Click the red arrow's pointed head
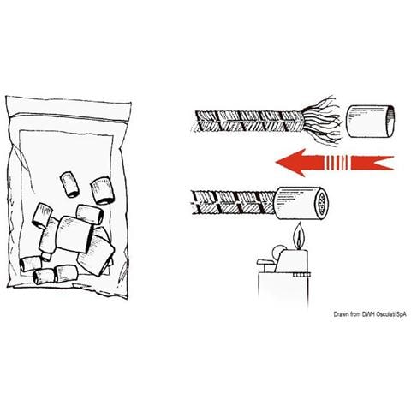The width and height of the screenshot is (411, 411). [x=289, y=163]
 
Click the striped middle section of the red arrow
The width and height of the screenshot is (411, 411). [x=336, y=163]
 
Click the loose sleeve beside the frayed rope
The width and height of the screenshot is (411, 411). [x=371, y=121]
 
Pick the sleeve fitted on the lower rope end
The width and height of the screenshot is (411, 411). [x=301, y=204]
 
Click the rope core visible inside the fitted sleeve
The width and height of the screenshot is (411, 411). [x=322, y=204]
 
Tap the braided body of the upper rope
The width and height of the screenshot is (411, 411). [x=249, y=122]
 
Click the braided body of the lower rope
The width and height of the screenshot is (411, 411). [x=234, y=202]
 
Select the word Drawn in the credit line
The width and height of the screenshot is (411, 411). [x=341, y=314]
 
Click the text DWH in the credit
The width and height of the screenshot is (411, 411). [x=367, y=314]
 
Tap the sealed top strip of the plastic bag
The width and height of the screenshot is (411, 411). [x=68, y=108]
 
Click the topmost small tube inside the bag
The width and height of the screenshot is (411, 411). [x=69, y=185]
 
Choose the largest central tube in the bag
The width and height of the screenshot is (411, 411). [x=74, y=234]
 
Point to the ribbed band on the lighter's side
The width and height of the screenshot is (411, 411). [x=301, y=275]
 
